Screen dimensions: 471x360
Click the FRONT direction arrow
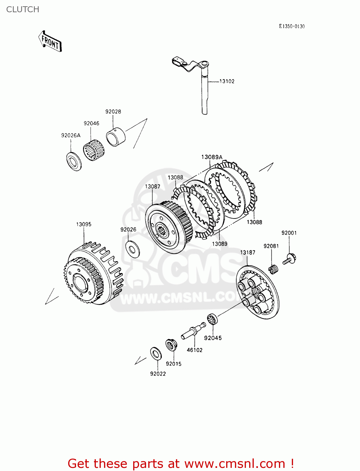50,41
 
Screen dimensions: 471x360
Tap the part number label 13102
226,81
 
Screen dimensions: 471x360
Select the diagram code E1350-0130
292,26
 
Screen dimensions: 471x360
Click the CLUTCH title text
23,9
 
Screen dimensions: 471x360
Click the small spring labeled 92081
273,269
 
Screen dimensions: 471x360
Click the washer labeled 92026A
74,161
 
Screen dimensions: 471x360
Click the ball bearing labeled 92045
213,319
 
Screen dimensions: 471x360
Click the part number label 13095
84,225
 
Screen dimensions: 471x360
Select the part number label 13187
248,252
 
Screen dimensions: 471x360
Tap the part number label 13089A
211,157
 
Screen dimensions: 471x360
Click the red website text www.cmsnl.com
235,463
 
